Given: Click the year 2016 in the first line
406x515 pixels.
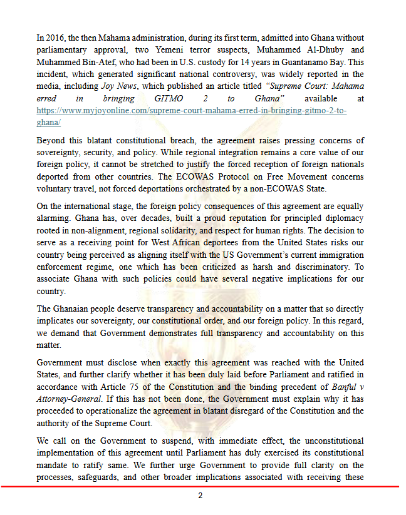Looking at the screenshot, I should (x=55, y=39).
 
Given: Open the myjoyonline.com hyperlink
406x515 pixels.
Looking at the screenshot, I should (x=191, y=111).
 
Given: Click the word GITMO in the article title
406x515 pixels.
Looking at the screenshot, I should (x=169, y=99).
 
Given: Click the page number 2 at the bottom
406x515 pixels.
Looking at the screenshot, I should (x=200, y=496).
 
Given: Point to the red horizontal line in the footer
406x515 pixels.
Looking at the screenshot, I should (x=200, y=486).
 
